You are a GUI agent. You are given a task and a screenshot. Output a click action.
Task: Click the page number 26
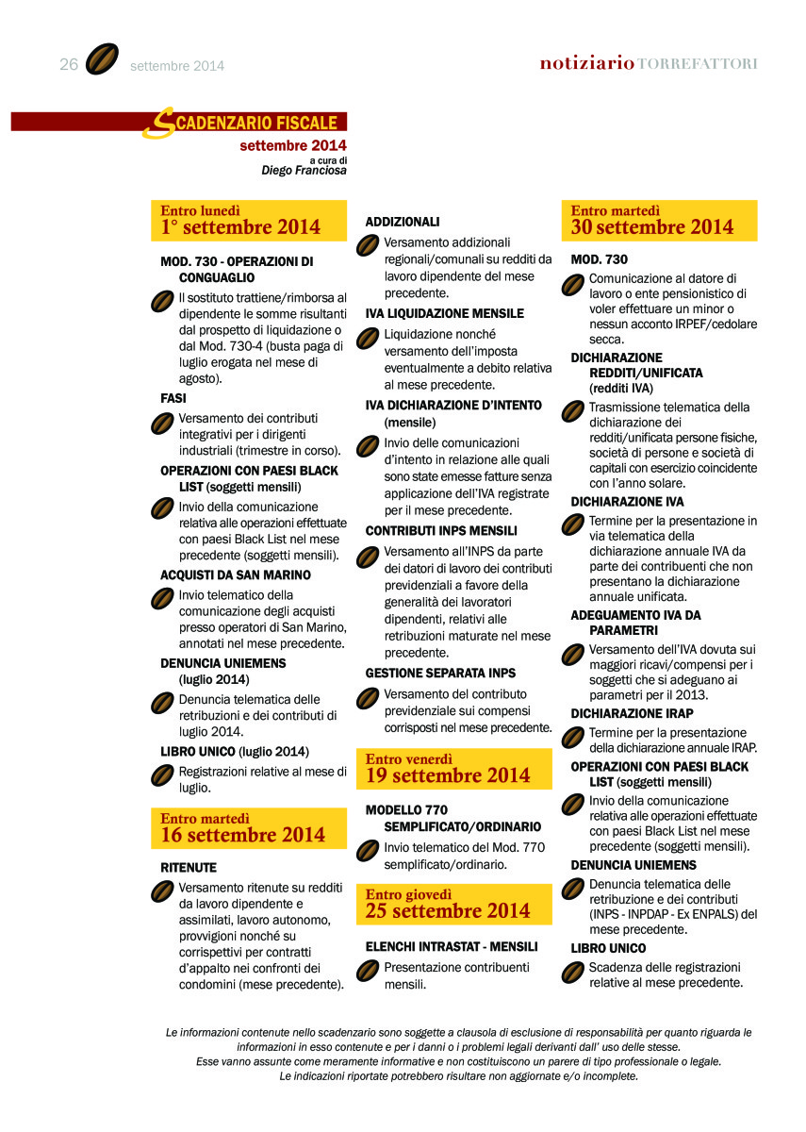[x=68, y=64]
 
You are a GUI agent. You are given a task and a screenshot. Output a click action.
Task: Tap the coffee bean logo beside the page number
[x=101, y=59]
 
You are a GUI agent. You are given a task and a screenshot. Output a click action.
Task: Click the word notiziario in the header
[x=585, y=63]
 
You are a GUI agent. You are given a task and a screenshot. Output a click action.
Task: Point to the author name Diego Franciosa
[x=304, y=171]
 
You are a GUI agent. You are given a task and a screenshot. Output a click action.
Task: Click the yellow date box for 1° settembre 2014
[x=249, y=221]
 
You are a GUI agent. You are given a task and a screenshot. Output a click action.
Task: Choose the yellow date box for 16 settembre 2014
[x=249, y=828]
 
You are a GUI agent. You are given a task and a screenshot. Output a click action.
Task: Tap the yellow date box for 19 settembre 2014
[x=453, y=769]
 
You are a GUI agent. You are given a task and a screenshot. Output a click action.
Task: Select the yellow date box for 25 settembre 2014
[x=453, y=904]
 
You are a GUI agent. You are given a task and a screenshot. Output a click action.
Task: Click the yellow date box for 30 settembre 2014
[x=659, y=221]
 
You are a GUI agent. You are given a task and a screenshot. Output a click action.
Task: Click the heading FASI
[x=173, y=398]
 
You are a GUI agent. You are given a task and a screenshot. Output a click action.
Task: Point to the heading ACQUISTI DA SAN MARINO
[x=236, y=574]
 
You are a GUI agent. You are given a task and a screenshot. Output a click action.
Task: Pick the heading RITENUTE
[x=189, y=867]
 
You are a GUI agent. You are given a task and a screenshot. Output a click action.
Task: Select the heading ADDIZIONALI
[x=403, y=222]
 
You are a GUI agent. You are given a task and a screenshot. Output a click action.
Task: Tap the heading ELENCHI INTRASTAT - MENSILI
[x=452, y=946]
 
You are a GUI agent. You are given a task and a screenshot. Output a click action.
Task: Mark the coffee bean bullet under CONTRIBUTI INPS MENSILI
[x=367, y=558]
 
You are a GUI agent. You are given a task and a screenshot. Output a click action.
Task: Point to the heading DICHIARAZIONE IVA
[x=627, y=502]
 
